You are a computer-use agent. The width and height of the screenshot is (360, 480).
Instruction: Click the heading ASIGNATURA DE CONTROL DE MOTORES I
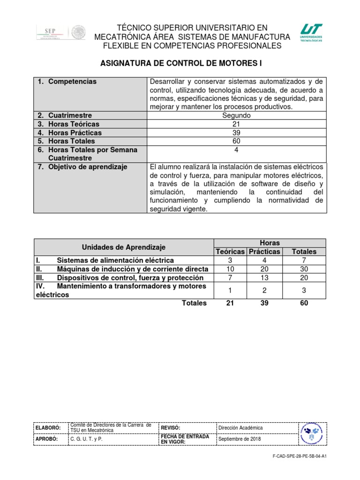pyautogui.click(x=180, y=63)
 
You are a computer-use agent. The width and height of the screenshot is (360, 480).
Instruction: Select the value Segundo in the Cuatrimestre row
pyautogui.click(x=236, y=115)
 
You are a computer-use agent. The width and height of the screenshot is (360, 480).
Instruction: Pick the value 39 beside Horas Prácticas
pyautogui.click(x=236, y=133)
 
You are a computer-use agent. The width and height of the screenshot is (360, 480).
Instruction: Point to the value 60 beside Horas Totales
pyautogui.click(x=236, y=141)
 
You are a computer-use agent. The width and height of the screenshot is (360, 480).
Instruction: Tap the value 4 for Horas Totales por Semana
pyautogui.click(x=236, y=150)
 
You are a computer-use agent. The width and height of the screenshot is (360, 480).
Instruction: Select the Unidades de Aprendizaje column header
pyautogui.click(x=124, y=247)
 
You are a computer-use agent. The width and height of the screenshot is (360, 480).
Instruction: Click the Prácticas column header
pyautogui.click(x=264, y=252)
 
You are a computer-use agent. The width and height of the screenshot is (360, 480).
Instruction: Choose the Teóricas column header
pyautogui.click(x=230, y=252)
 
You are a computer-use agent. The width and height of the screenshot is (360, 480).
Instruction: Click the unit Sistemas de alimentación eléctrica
pyautogui.click(x=115, y=260)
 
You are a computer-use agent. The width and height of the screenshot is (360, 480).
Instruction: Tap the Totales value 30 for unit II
pyautogui.click(x=304, y=269)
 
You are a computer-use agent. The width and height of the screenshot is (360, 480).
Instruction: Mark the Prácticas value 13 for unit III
pyautogui.click(x=264, y=277)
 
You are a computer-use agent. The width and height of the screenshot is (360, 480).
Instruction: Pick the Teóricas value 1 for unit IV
pyautogui.click(x=230, y=291)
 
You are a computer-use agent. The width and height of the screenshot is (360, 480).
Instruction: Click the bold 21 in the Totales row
pyautogui.click(x=230, y=303)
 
